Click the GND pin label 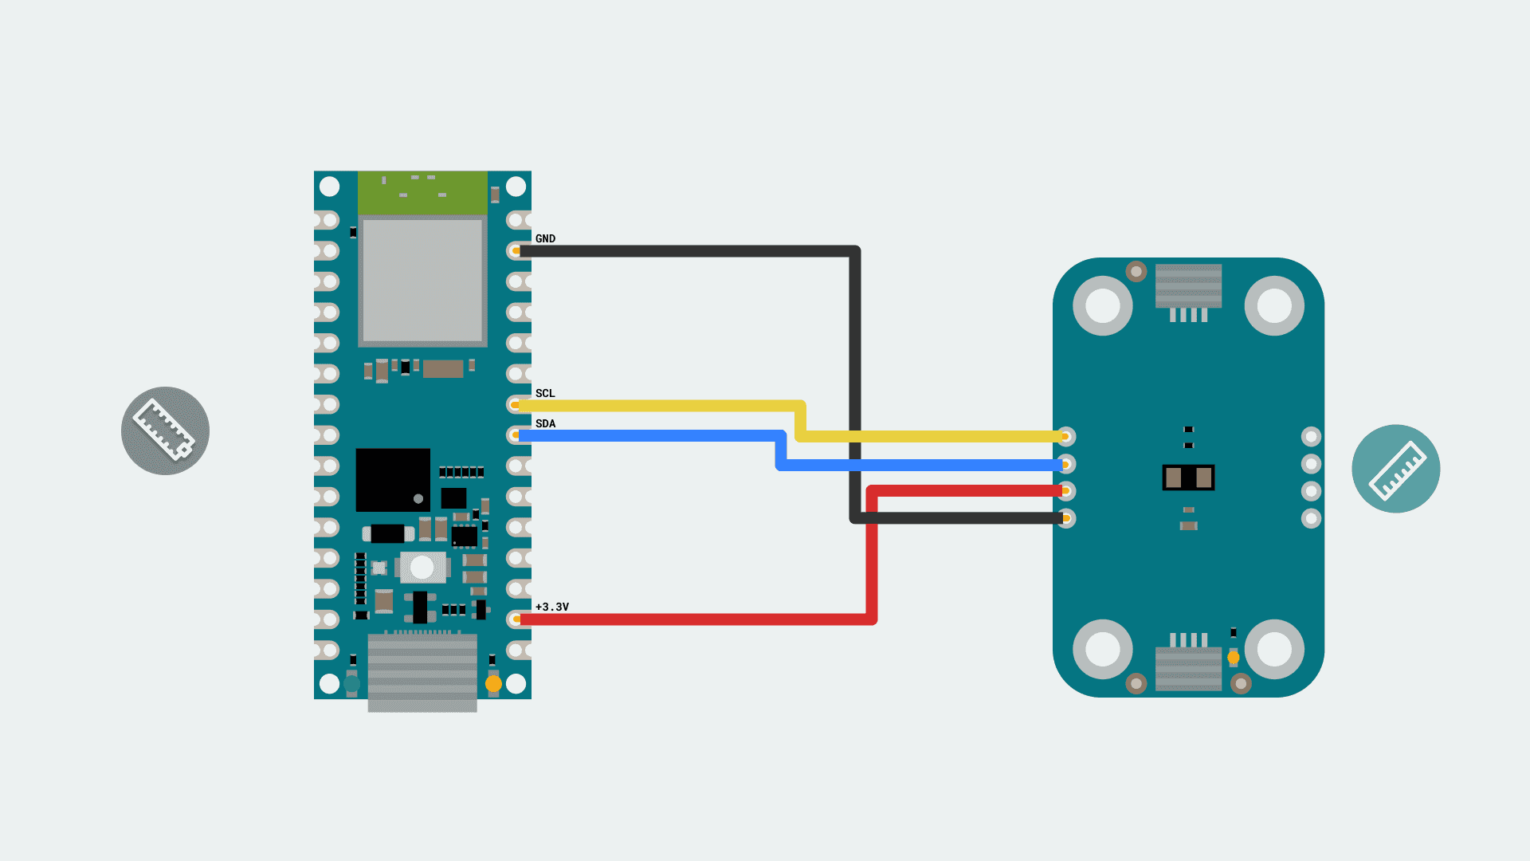pos(545,238)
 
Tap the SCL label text pos(545,393)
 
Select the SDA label pos(545,423)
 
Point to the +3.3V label pos(551,607)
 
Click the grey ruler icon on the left pos(165,431)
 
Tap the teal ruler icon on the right pos(1395,468)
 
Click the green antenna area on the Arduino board pos(422,192)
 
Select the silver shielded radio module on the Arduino pos(422,280)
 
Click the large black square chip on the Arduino pos(392,479)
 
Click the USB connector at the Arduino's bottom pos(422,672)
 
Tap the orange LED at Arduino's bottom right pos(493,683)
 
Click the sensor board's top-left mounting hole pos(1102,305)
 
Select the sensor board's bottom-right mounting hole pos(1273,649)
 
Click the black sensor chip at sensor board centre pos(1188,478)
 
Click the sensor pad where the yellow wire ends pos(1066,436)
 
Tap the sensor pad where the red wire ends pos(1066,491)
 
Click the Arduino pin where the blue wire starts pos(516,435)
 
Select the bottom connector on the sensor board pos(1188,666)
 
